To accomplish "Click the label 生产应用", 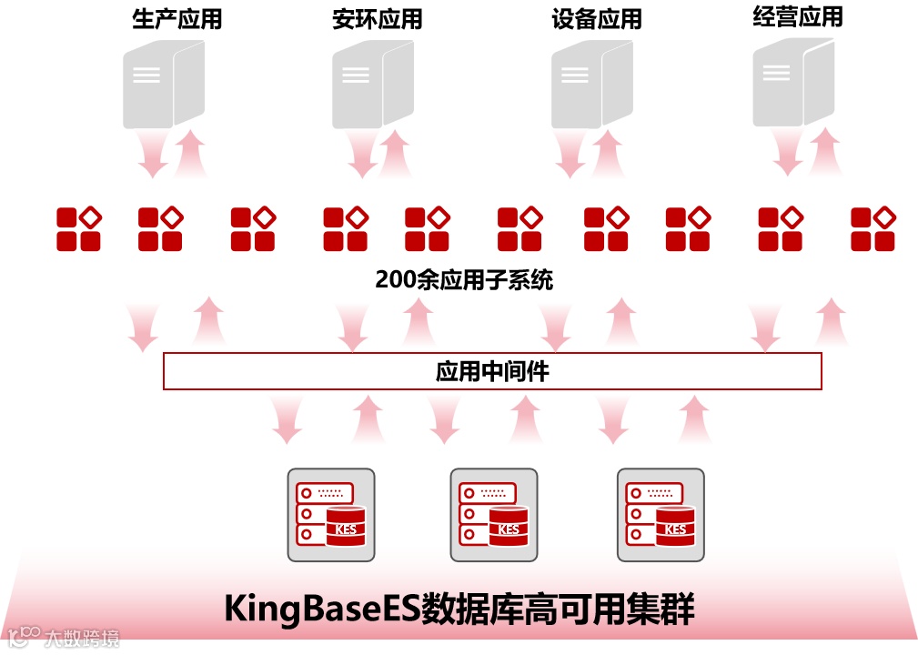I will pos(177,19).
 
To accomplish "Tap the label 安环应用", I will pos(377,19).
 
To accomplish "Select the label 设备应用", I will pos(596,19).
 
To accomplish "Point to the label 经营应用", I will pos(797,16).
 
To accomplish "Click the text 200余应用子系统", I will pos(464,279).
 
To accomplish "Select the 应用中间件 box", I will pos(492,371).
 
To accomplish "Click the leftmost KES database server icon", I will pos(330,515).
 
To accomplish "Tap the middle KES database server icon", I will pos(494,515).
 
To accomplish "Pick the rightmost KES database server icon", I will pos(661,515).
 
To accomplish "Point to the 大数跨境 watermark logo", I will pos(64,637).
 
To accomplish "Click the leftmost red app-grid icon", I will pos(78,229).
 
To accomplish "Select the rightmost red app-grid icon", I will pos(873,229).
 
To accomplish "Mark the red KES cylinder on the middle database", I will pos(509,528).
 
